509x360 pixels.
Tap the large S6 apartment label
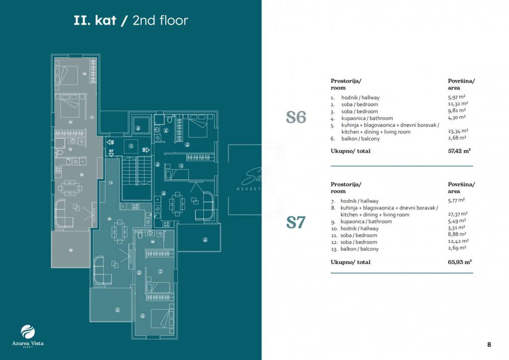click(296, 118)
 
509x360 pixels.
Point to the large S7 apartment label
click(295, 222)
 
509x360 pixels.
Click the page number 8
click(489, 344)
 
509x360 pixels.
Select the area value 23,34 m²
click(457, 131)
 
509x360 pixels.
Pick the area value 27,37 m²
click(457, 214)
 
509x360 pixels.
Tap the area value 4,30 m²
click(456, 117)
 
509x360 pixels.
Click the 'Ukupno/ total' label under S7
click(350, 262)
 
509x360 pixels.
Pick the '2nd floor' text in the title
click(161, 20)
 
